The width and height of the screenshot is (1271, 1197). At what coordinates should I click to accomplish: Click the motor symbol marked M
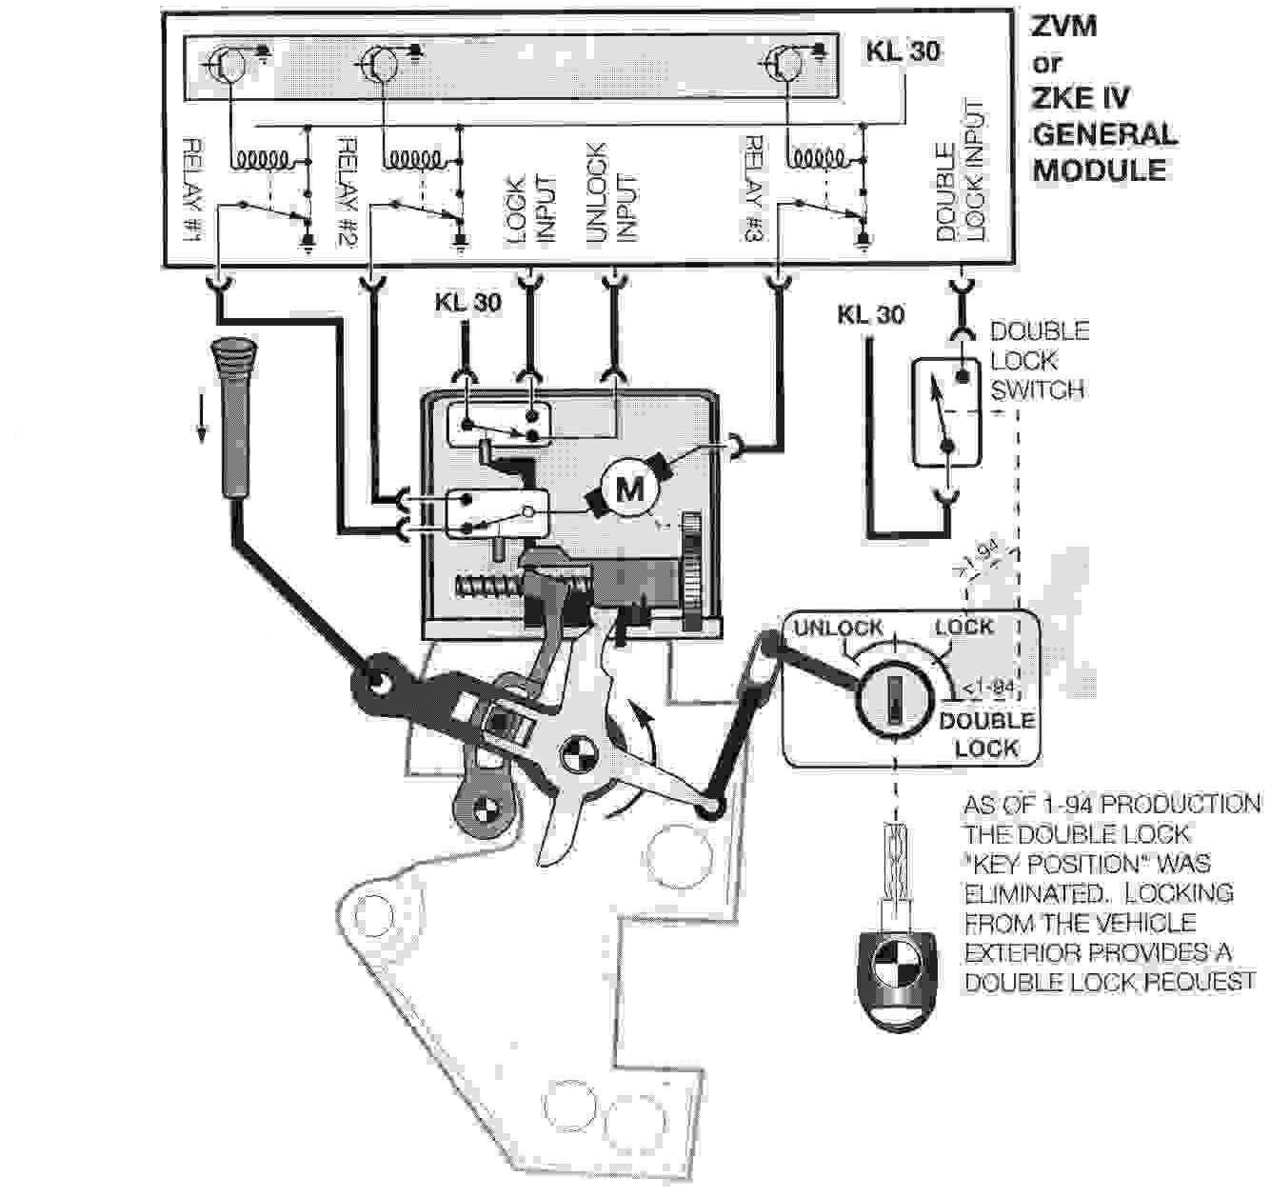pos(629,489)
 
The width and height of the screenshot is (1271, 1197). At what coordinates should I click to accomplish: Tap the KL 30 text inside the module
pos(902,51)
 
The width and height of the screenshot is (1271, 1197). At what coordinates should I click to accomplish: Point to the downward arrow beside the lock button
pos(202,419)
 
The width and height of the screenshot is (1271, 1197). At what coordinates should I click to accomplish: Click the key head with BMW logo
pos(896,980)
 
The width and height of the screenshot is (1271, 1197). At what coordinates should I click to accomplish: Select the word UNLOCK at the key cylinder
pos(838,628)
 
